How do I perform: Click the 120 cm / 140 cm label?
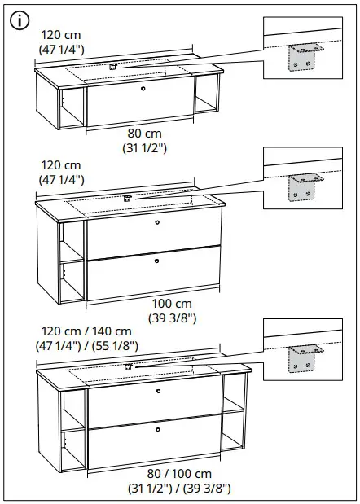(x=88, y=331)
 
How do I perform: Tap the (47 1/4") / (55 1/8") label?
(x=88, y=345)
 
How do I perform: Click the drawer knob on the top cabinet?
(x=142, y=88)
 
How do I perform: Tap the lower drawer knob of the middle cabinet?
(x=156, y=261)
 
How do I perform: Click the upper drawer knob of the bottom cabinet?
(x=158, y=391)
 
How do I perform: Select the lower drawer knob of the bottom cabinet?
(x=158, y=427)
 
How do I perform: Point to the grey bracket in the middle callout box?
(x=302, y=186)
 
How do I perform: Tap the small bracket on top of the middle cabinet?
(x=128, y=197)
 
